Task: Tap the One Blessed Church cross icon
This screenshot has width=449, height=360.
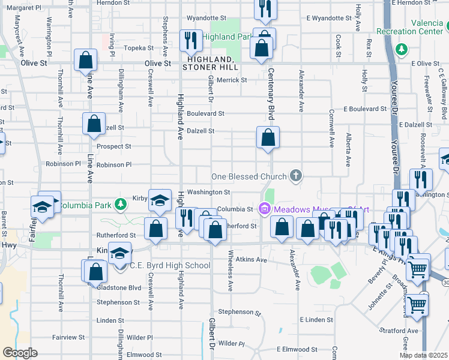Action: coord(295,176)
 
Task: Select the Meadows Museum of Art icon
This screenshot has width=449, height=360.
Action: coord(264,209)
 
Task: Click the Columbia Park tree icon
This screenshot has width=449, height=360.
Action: coord(121,205)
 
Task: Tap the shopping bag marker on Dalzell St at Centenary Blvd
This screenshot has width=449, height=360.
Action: coord(268,138)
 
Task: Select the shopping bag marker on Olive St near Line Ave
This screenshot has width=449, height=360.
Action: coord(86,60)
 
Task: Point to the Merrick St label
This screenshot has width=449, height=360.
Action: coord(232,80)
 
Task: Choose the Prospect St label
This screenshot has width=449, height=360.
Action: coord(114,146)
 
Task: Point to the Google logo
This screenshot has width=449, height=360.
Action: coord(19,353)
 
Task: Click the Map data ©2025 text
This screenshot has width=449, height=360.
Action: coord(423,355)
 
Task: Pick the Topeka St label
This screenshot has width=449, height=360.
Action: coord(139,47)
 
